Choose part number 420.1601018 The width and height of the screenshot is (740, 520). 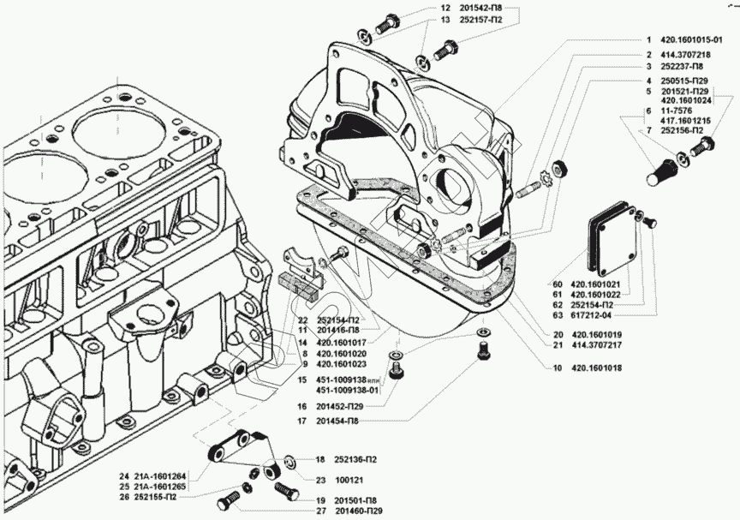pyautogui.click(x=594, y=368)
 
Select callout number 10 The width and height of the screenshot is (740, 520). pyautogui.click(x=558, y=368)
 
